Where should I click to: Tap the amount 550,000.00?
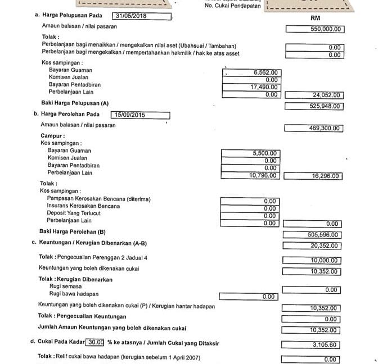coord(326,29)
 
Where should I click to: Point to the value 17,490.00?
coord(263,87)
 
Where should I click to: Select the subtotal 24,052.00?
coord(326,95)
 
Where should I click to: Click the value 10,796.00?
coord(263,175)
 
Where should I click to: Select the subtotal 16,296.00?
coord(325,176)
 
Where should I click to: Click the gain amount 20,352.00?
coord(325,245)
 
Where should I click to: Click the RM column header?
coord(315,18)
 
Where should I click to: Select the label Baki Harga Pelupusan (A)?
coord(75,103)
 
